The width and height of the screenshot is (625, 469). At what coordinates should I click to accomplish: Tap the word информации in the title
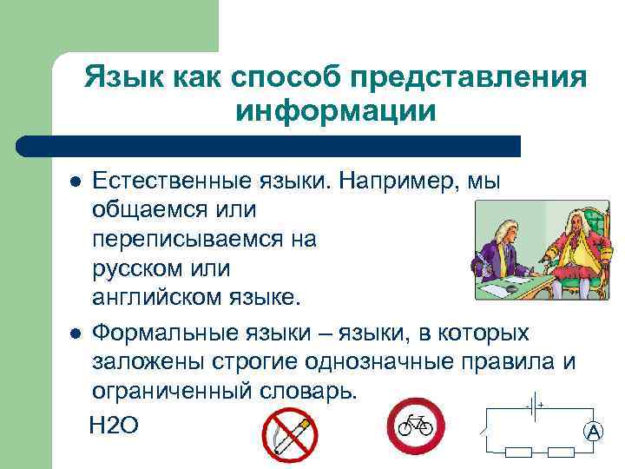(335, 111)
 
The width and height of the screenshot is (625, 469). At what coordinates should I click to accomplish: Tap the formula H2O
(114, 425)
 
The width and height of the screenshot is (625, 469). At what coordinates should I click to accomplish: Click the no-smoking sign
(290, 434)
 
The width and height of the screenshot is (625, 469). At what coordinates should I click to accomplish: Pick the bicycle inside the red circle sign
(415, 425)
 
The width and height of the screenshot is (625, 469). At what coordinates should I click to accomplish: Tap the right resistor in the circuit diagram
(560, 452)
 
